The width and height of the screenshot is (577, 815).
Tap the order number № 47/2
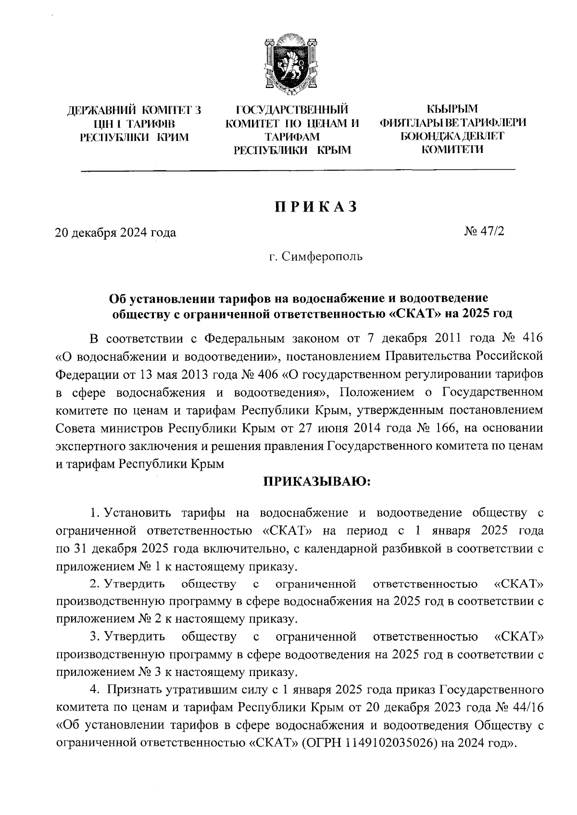tap(485, 232)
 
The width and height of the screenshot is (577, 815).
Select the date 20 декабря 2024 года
tap(115, 233)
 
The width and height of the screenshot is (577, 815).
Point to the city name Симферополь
tap(322, 257)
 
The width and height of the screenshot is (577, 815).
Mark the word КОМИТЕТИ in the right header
tap(452, 150)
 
